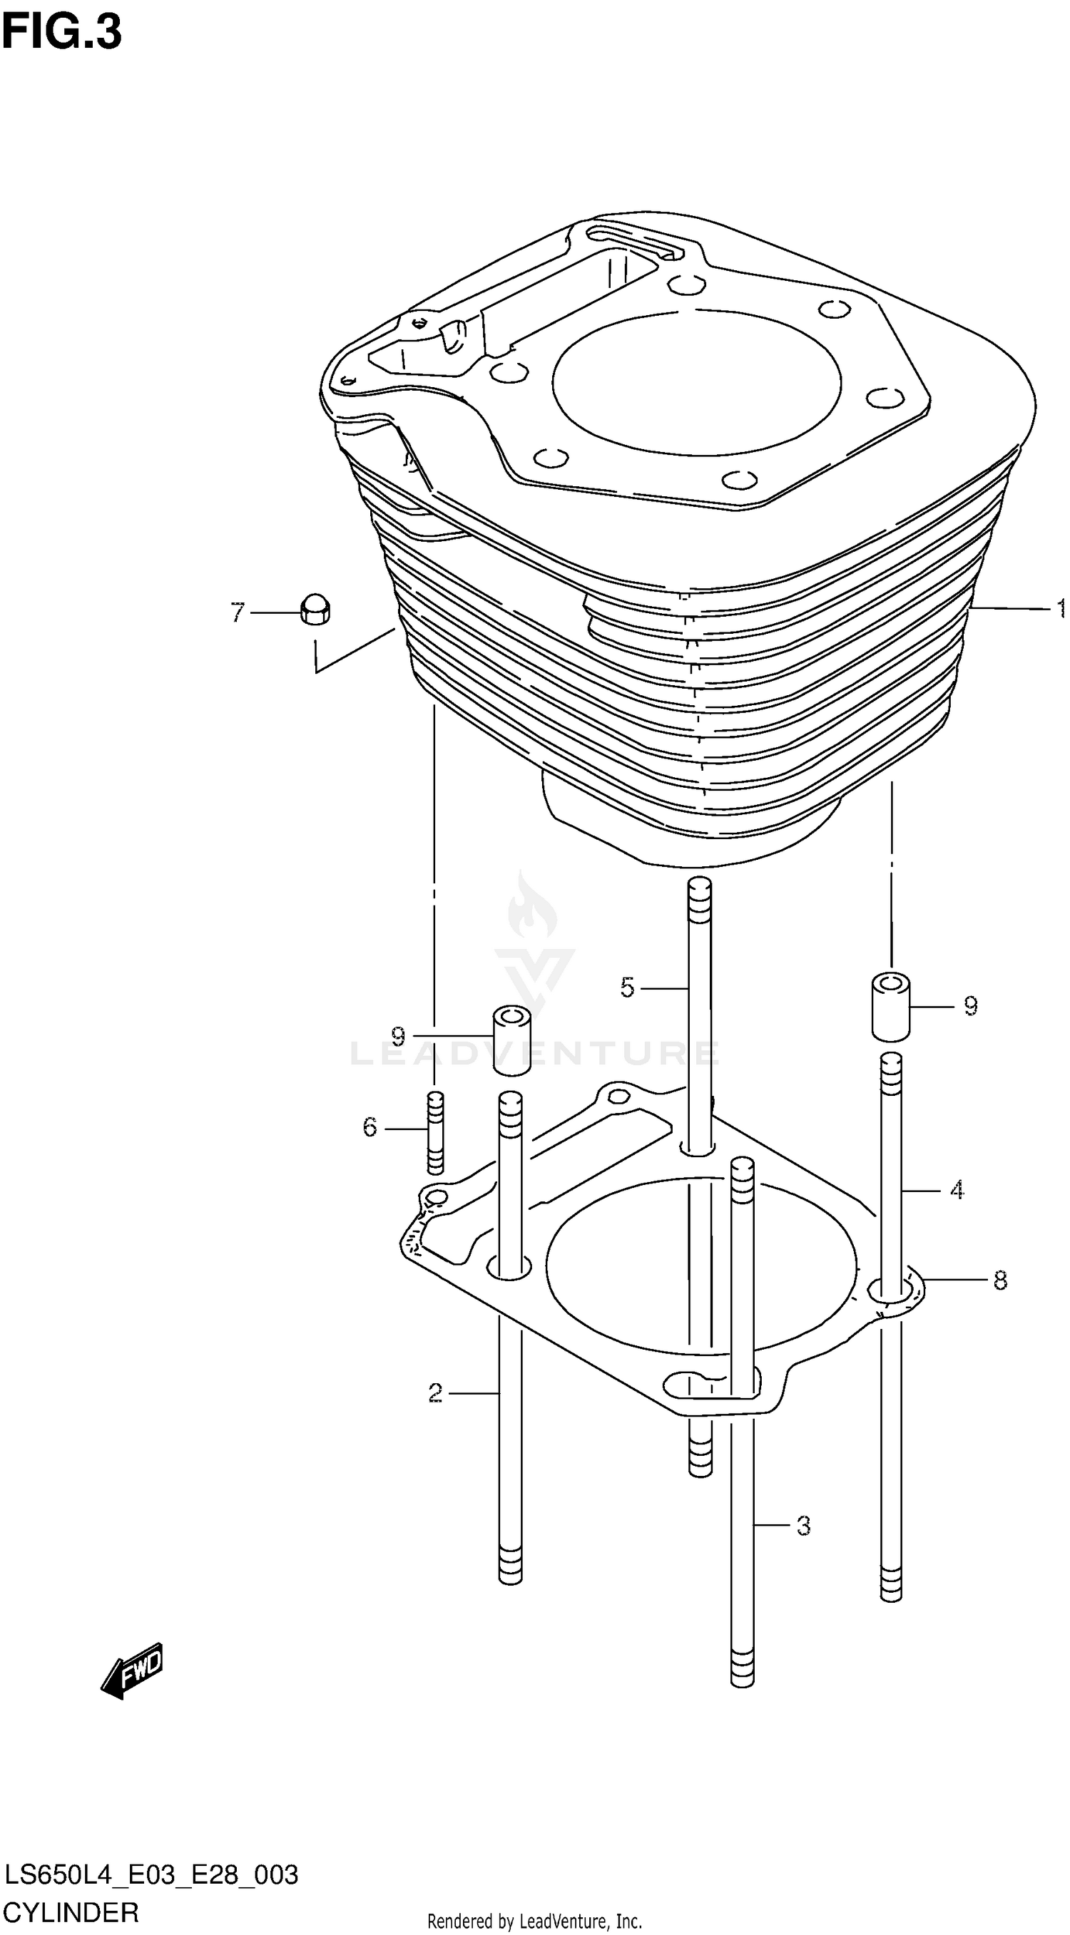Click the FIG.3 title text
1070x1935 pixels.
pyautogui.click(x=61, y=33)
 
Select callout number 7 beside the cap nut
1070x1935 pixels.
pyautogui.click(x=238, y=613)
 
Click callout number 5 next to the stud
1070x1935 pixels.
pyautogui.click(x=628, y=987)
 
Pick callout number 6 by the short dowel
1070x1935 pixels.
pyautogui.click(x=369, y=1126)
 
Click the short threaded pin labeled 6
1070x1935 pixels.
pyautogui.click(x=434, y=1133)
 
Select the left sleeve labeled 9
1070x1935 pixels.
pyautogui.click(x=511, y=1041)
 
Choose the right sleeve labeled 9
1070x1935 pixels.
pyautogui.click(x=890, y=1006)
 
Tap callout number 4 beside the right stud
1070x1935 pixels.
pyautogui.click(x=956, y=1190)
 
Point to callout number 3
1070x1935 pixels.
pyautogui.click(x=802, y=1526)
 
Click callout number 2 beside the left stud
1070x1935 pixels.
pyautogui.click(x=435, y=1393)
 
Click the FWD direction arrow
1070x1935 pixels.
pyautogui.click(x=132, y=1670)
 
